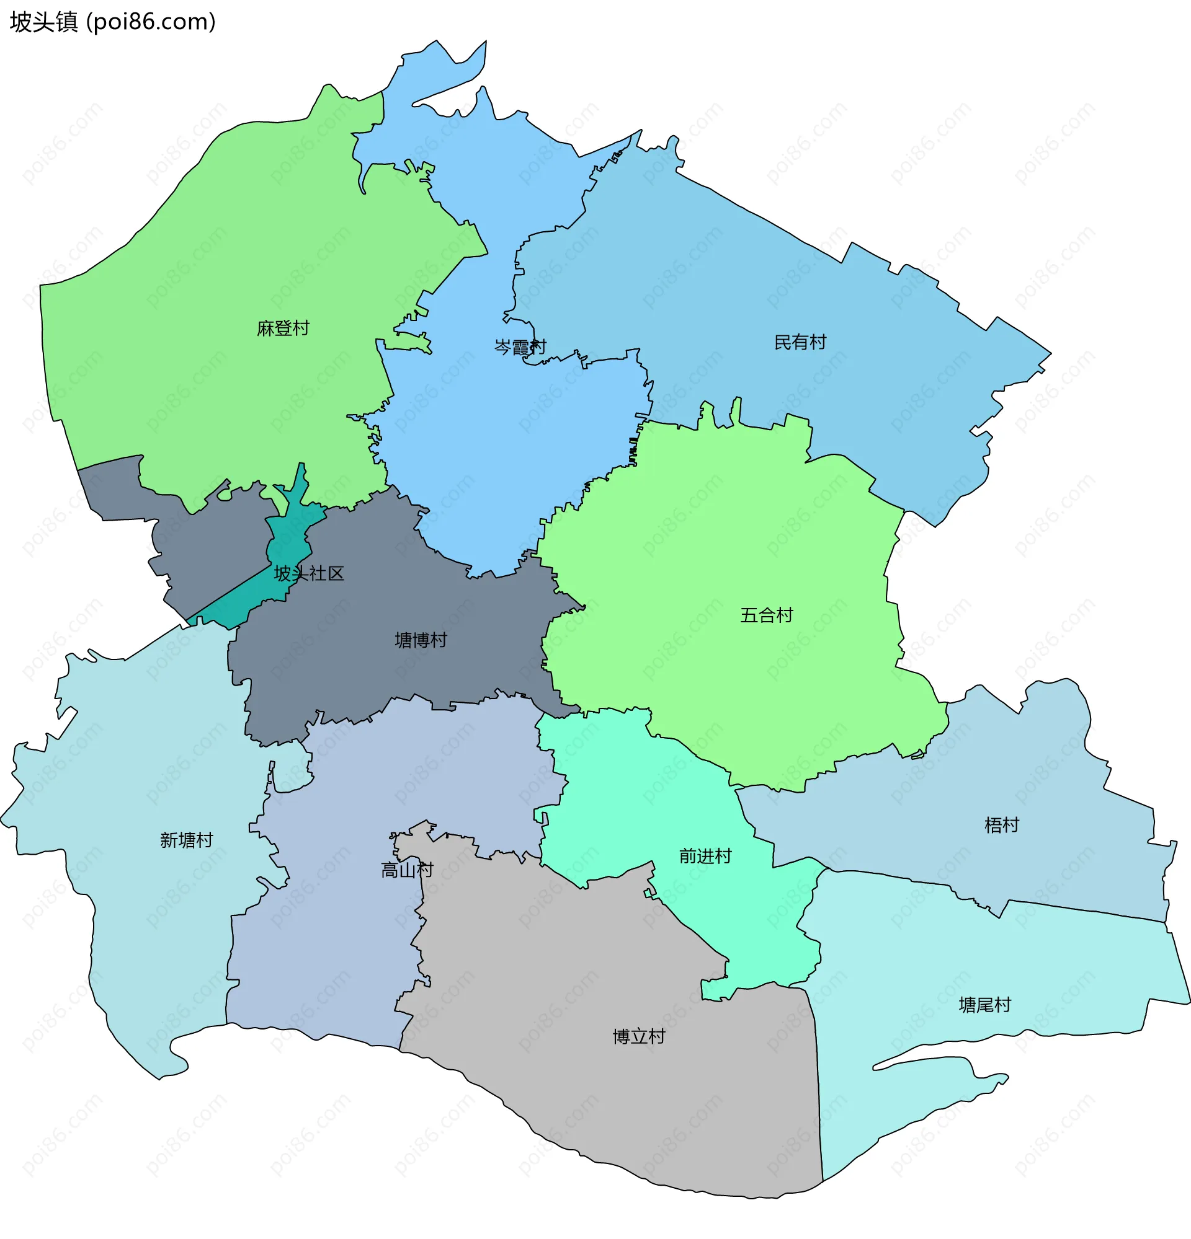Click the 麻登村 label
coord(283,328)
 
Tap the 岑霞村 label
coord(520,347)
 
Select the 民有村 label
coord(800,343)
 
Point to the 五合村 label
coord(766,615)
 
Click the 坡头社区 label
coord(309,574)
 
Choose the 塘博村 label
coord(421,640)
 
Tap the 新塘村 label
coord(186,840)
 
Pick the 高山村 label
coord(407,870)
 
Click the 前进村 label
coord(705,856)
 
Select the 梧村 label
coord(1001,825)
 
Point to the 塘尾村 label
coord(984,1005)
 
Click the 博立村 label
coord(639,1037)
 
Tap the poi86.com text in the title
coord(151,22)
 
